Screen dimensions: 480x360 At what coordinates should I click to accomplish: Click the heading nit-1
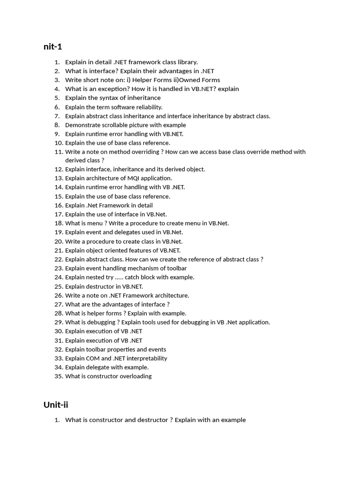[52, 46]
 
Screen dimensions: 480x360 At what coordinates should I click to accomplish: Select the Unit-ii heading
[56, 405]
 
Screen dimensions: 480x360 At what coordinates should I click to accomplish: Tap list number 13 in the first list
[59, 178]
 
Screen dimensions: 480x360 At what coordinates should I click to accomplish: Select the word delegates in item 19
[118, 232]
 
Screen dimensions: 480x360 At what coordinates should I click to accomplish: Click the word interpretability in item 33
[144, 358]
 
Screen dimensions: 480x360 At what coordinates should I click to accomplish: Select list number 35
[59, 376]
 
